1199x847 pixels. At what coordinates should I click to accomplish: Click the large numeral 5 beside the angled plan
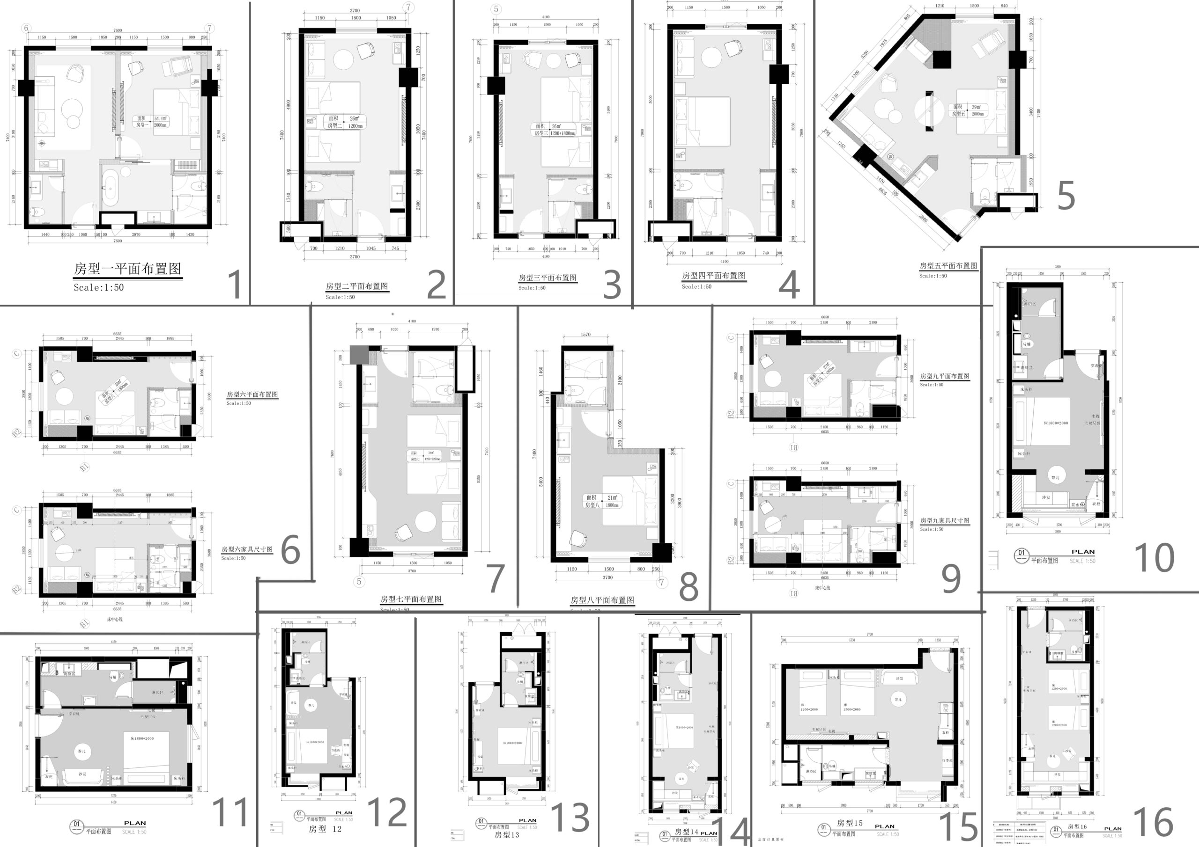(1066, 196)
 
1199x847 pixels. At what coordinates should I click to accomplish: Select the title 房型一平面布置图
(127, 269)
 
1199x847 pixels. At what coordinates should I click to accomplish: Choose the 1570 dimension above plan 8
(585, 335)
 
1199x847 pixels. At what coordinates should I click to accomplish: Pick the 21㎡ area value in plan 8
(612, 497)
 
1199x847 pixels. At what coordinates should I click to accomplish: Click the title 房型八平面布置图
(602, 600)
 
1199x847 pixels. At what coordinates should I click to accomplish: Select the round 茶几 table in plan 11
(82, 752)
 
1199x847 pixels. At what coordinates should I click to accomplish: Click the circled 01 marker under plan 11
(77, 825)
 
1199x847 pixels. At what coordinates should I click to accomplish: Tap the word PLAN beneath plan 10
(1083, 552)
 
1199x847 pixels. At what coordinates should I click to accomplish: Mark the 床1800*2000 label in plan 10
(1056, 423)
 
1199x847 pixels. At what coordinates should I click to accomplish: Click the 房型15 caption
(850, 823)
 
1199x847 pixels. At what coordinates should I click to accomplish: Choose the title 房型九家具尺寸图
(945, 521)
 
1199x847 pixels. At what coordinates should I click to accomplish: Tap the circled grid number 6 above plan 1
(27, 28)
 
